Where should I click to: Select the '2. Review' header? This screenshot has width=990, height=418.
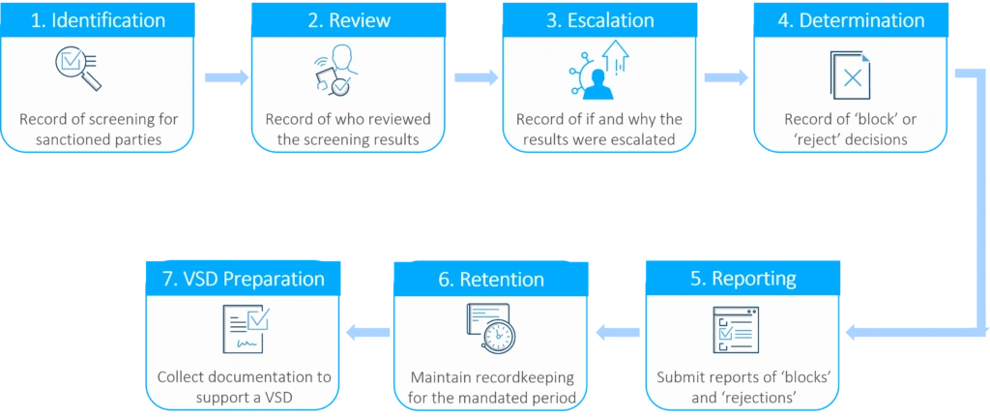click(348, 20)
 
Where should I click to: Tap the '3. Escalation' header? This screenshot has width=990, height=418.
click(598, 20)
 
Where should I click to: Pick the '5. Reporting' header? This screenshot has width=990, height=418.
click(742, 279)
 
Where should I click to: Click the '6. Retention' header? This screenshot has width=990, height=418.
click(491, 280)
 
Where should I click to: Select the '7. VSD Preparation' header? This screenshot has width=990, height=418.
click(243, 279)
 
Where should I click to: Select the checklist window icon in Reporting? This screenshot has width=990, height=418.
click(735, 329)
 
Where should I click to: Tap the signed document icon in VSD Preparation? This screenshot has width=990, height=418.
click(245, 329)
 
